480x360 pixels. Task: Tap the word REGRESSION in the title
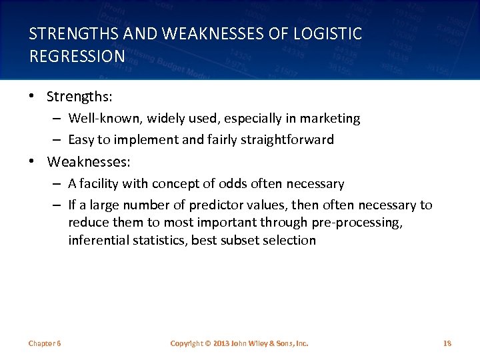(77, 55)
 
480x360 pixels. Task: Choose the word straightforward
(292, 140)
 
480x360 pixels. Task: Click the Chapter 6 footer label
(45, 343)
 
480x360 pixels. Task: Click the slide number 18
(447, 343)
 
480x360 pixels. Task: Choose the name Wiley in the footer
(257, 343)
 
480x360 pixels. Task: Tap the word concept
(186, 183)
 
